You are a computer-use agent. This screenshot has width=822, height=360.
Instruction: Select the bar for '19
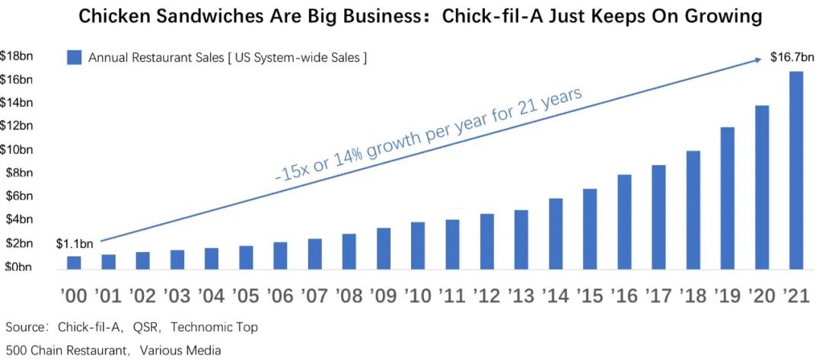pos(728,198)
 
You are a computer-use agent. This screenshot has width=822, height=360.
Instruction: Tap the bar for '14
pos(556,234)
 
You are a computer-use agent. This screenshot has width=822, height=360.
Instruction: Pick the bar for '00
pos(74,263)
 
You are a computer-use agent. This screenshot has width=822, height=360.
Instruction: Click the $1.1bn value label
pos(74,244)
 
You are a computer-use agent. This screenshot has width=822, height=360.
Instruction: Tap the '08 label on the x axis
pos(349,295)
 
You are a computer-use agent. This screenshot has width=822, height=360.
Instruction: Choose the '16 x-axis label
pos(624,295)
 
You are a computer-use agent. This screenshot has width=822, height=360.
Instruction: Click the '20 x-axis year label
pos(762,295)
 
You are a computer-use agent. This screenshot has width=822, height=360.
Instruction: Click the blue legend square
pos(74,58)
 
